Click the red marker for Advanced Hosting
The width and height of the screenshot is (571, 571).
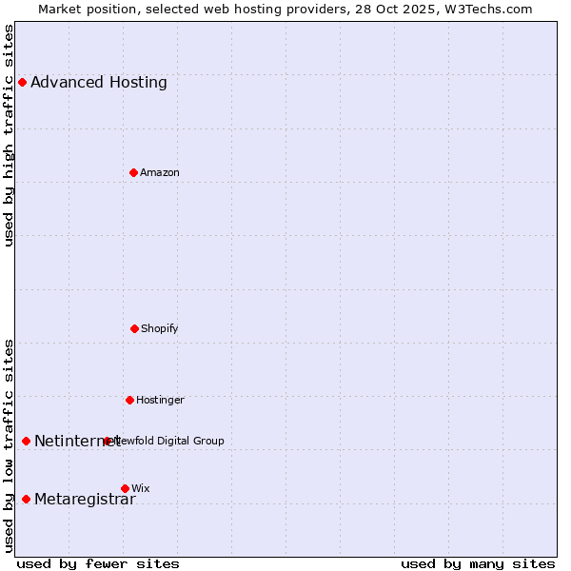22,83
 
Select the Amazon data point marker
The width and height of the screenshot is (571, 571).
133,172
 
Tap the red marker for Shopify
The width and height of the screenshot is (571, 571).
134,328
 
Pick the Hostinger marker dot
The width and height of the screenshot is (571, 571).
129,400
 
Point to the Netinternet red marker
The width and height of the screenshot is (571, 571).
26,441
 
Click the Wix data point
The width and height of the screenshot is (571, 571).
125,488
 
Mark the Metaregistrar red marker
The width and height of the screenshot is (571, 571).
26,500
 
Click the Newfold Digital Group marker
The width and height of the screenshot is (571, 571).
107,441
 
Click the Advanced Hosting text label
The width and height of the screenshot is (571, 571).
99,83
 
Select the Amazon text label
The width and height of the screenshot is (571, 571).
160,172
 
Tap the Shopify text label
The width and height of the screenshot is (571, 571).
160,328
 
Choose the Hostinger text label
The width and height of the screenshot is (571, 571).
160,400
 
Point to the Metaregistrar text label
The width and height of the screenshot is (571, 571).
85,500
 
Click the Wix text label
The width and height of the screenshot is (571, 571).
141,488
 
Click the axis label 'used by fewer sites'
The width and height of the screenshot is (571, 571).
98,563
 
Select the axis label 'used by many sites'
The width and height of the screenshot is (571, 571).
478,563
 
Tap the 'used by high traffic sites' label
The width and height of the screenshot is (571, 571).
10,135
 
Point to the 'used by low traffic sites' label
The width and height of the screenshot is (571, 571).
10,445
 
